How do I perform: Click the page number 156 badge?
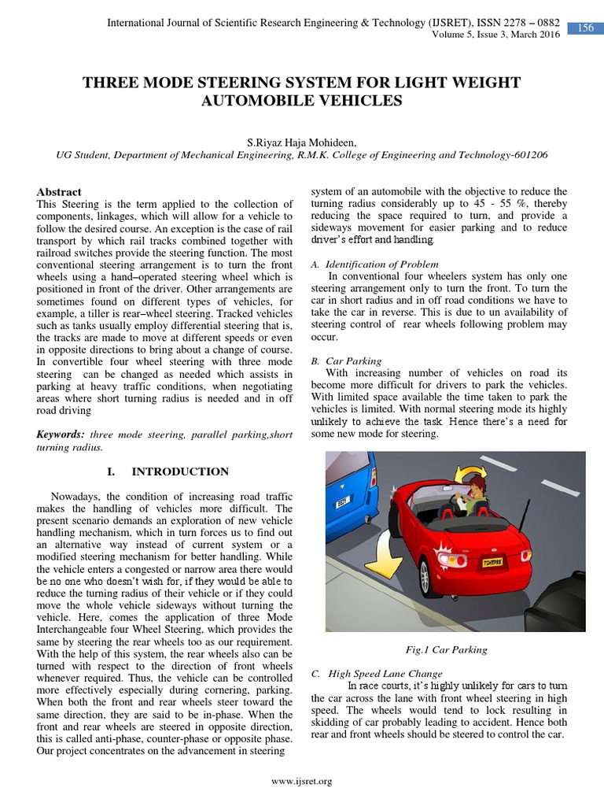(586, 28)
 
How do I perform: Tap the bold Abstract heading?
(59, 192)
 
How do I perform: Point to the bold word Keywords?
(61, 434)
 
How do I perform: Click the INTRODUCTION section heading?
(179, 471)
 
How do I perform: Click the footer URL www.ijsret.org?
(301, 781)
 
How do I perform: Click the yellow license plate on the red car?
(495, 562)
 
